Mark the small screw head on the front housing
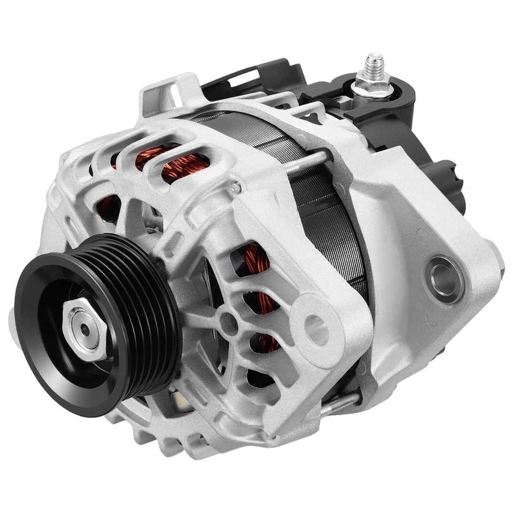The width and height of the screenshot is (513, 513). (234, 187)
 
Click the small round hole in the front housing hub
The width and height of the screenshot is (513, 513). (228, 322)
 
